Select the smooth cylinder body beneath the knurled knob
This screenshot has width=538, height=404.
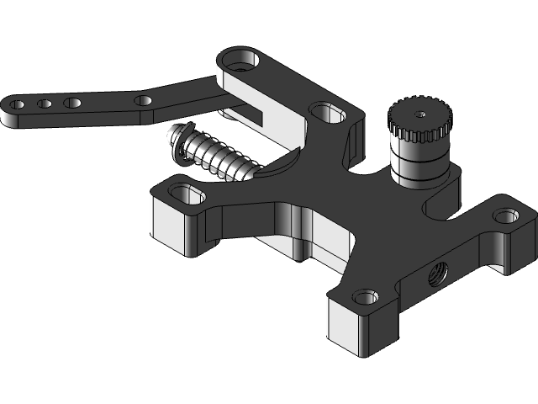(x=418, y=164)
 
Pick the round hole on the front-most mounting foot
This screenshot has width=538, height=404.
(x=363, y=296)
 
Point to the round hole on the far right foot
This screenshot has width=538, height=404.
(x=504, y=216)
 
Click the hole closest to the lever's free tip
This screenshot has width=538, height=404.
(x=18, y=105)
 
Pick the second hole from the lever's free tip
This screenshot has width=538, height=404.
(x=44, y=104)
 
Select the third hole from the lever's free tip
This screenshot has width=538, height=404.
(x=72, y=103)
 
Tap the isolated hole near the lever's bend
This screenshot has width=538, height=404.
(x=144, y=101)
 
